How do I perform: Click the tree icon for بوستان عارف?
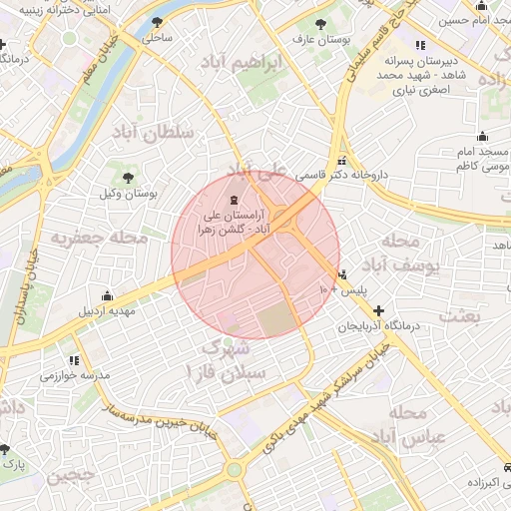coord(319,24)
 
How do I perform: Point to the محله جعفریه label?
coord(100,239)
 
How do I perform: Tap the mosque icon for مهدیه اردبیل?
coord(107,295)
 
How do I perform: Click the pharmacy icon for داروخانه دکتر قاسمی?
coord(342,160)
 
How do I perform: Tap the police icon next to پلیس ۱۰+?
coord(343,273)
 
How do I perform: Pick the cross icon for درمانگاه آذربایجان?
coord(377,311)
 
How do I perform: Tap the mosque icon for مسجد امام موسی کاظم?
coord(482,137)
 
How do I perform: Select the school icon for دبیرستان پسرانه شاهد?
coord(418,45)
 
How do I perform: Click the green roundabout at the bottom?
coord(234,469)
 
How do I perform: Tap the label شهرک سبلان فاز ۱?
coord(229,359)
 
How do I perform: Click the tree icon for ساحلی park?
coord(157,22)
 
